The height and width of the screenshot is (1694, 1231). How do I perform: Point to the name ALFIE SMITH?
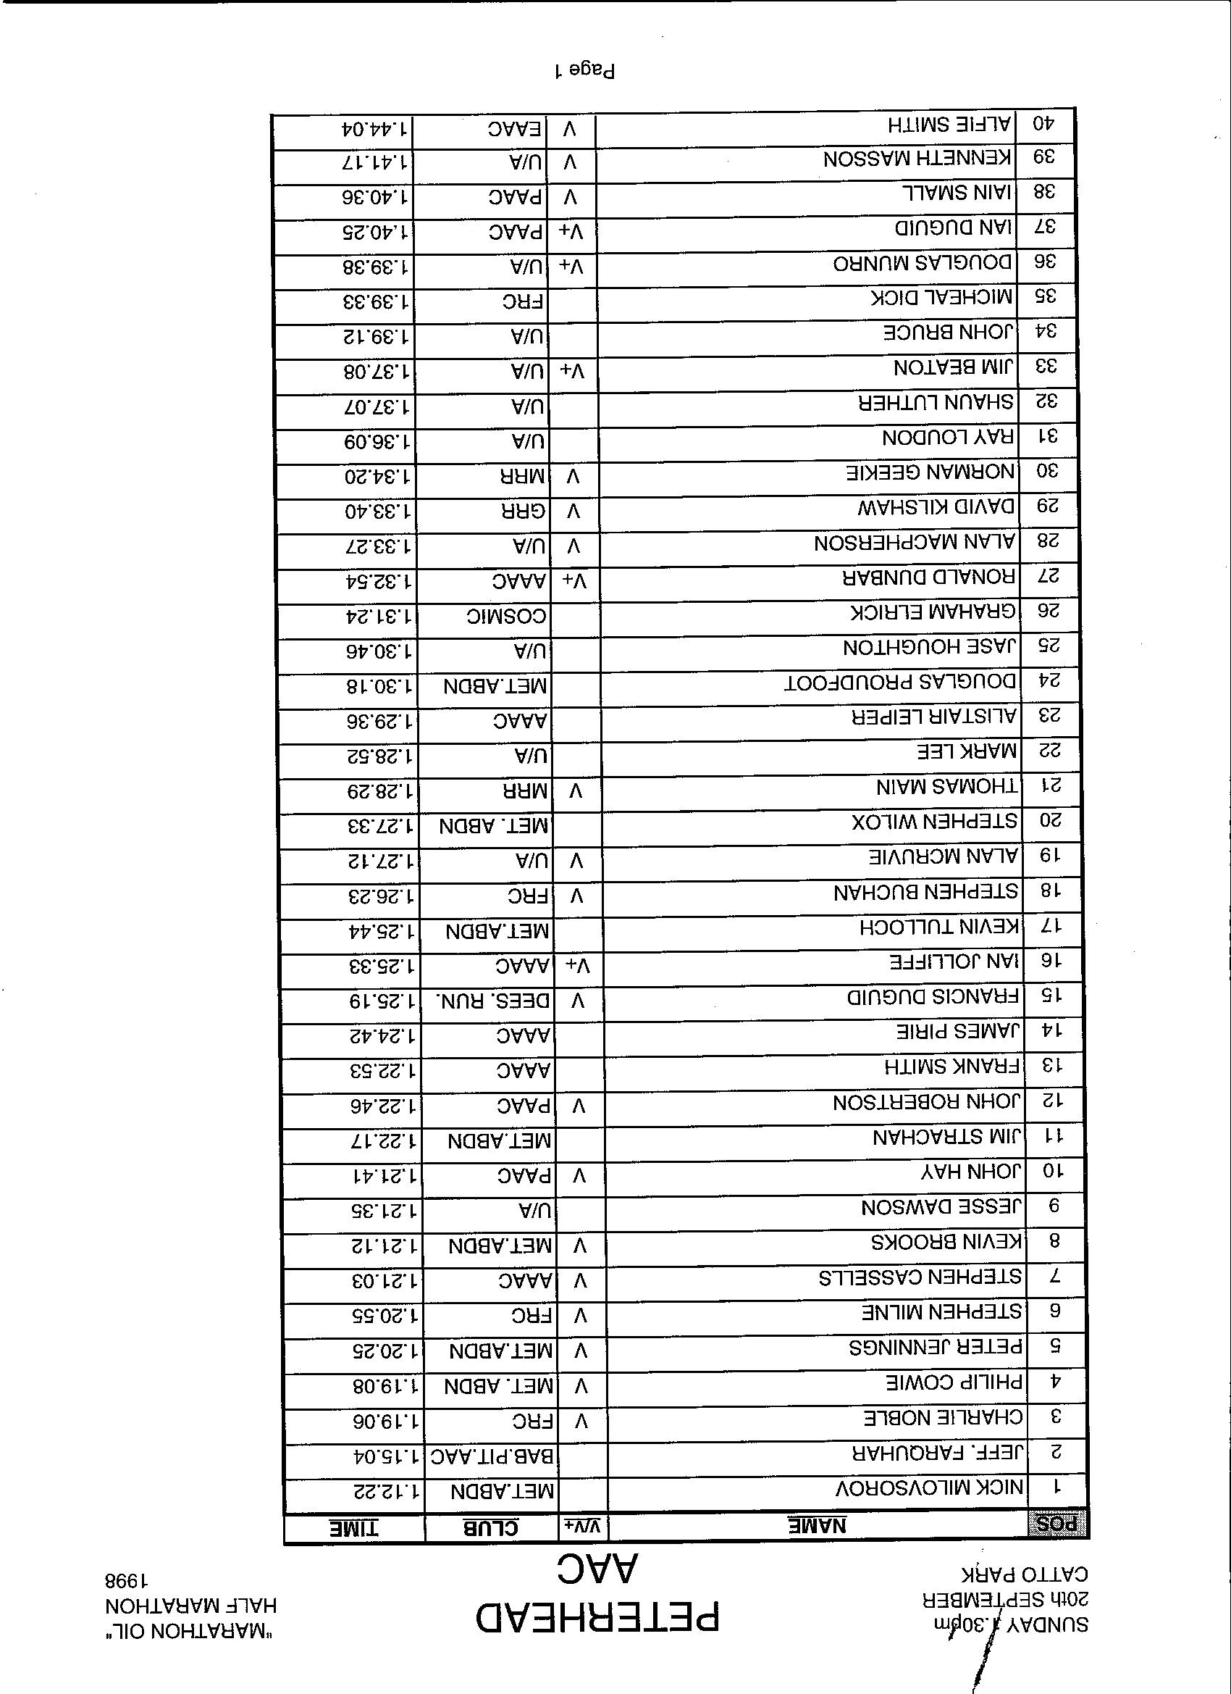tap(949, 125)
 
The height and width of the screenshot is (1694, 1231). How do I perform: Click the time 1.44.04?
tap(376, 128)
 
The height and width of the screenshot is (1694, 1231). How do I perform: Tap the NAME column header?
tap(818, 1525)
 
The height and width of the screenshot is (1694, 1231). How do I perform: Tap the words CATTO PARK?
tap(1023, 1575)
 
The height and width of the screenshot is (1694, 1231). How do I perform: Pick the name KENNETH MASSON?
tap(917, 159)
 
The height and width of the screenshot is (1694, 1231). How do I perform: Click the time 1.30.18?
tap(380, 685)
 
